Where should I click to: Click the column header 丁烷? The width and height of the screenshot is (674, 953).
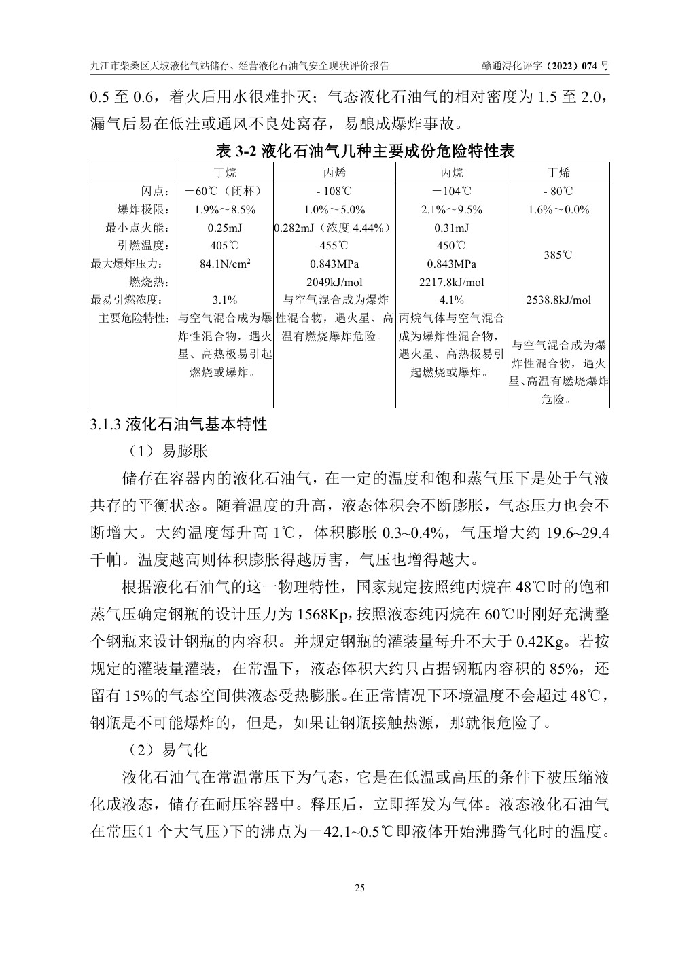(x=225, y=173)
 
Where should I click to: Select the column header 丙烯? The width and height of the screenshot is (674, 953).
(x=334, y=173)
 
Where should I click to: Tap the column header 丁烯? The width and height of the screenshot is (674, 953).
(x=558, y=173)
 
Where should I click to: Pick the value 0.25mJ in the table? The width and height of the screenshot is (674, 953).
(x=225, y=228)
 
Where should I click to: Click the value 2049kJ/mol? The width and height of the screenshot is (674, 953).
(x=334, y=282)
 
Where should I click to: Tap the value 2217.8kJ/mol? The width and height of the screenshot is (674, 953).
(x=452, y=282)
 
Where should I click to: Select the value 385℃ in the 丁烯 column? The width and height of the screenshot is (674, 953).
(x=558, y=255)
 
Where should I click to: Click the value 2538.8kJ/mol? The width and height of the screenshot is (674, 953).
(x=558, y=300)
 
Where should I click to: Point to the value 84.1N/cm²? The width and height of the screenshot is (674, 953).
(x=225, y=264)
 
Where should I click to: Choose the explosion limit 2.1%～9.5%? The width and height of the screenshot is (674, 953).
(x=452, y=210)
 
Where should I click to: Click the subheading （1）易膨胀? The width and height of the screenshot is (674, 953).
(x=166, y=451)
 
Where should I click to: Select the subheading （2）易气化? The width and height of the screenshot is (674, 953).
(x=166, y=750)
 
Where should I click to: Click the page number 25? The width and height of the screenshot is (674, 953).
(x=359, y=888)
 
